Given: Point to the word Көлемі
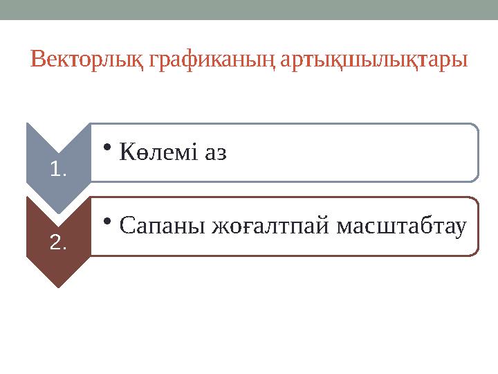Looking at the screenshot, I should (x=158, y=152).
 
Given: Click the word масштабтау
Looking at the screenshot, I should (x=400, y=226).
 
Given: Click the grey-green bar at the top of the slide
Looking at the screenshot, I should (x=249, y=10).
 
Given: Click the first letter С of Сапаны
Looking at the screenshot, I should (x=127, y=226).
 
